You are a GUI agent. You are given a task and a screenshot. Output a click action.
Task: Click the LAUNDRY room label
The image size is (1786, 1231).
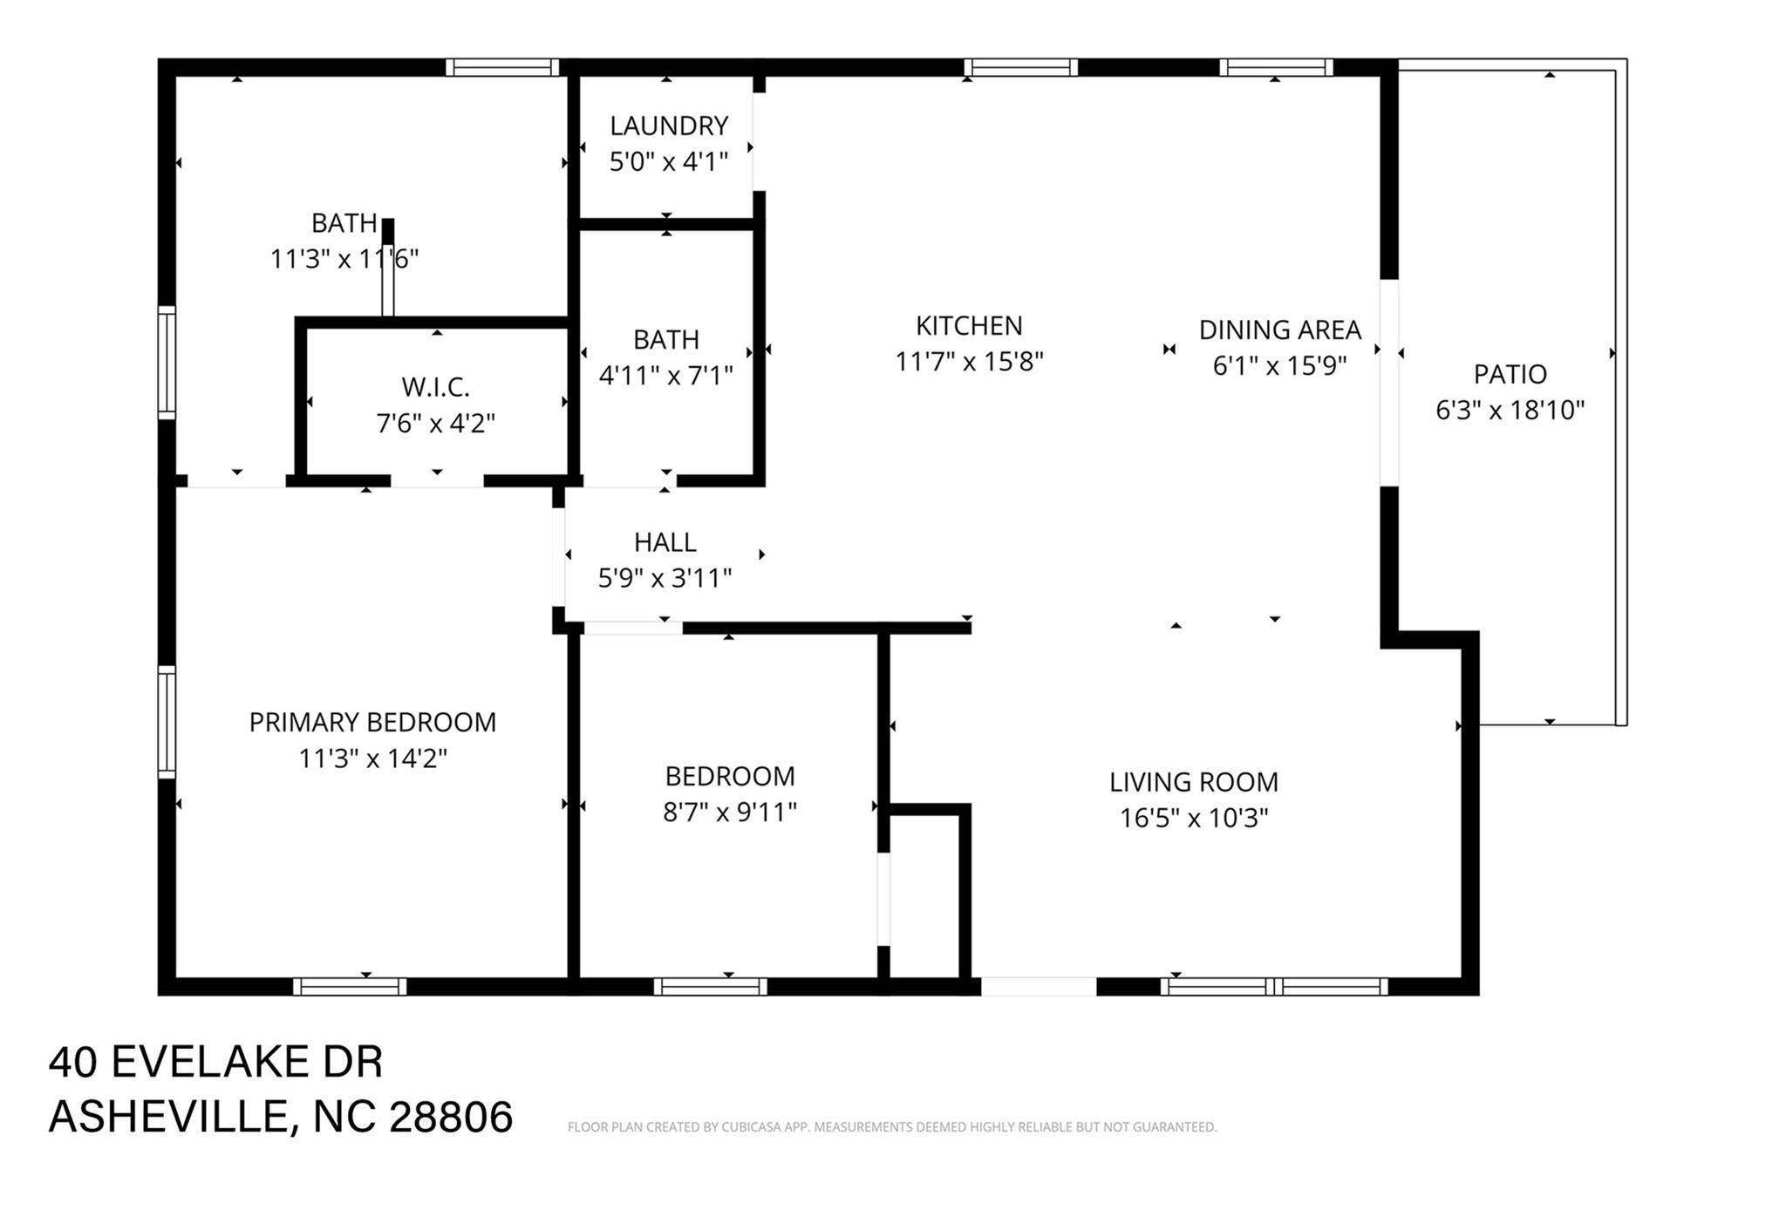tap(668, 126)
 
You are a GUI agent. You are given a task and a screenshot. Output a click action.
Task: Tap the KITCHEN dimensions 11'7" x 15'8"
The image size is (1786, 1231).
tap(969, 362)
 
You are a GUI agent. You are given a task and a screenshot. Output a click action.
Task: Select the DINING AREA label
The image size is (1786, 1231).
tap(1279, 330)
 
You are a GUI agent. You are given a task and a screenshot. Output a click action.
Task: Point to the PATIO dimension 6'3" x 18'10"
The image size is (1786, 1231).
tap(1510, 410)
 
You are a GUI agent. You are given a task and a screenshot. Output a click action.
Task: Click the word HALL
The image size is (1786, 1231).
tap(665, 542)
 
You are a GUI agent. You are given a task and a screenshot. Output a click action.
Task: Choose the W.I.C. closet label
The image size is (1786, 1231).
tap(435, 387)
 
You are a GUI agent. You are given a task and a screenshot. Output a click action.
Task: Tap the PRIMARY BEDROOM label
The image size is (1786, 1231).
tap(372, 723)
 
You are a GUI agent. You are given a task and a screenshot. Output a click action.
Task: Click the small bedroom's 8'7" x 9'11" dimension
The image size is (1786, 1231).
tap(730, 813)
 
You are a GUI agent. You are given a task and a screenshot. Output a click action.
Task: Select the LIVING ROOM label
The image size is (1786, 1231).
tap(1193, 782)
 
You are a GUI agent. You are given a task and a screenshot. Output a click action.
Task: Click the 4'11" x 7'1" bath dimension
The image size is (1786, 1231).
tap(665, 376)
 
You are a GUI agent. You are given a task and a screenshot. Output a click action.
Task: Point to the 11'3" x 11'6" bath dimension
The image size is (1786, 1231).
tap(344, 259)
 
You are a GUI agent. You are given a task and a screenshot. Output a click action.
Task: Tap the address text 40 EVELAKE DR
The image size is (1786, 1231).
tap(215, 1062)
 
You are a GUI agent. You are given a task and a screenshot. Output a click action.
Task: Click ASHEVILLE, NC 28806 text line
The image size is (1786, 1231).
tap(280, 1117)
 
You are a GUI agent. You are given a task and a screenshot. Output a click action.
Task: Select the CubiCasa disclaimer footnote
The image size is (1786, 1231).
tap(891, 1127)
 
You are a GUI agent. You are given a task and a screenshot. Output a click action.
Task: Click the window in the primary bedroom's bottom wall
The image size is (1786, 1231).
tap(349, 986)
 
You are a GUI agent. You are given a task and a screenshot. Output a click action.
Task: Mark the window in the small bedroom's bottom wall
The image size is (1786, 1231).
tap(710, 986)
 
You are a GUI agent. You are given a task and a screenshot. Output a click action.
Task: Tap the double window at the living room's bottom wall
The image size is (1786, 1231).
tap(1273, 986)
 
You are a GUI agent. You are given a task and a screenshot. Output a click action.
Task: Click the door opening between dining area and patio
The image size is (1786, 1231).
tap(1388, 382)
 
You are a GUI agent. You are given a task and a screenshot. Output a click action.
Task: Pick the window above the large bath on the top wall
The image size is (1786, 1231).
tap(502, 67)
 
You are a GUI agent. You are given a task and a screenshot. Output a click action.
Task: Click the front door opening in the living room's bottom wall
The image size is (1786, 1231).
tap(1038, 986)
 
